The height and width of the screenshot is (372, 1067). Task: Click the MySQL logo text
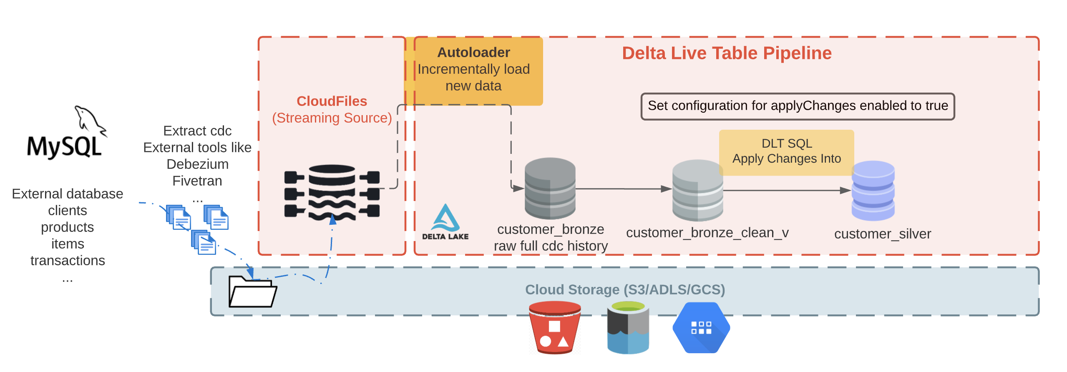coord(64,146)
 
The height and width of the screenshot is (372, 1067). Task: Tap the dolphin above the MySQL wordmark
coord(89,119)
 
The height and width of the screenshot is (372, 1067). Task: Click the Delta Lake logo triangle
coord(445,218)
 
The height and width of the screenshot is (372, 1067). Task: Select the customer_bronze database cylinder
coord(550,188)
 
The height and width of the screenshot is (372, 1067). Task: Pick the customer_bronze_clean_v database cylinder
coord(697,190)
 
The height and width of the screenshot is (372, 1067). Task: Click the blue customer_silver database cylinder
coord(873,191)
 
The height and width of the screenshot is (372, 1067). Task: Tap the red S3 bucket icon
coord(554,327)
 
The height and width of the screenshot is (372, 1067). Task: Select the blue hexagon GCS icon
coord(701,327)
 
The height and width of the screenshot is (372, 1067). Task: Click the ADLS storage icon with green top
coord(628,327)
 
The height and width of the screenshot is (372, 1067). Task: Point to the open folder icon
coord(252,292)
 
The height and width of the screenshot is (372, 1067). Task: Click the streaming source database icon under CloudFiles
coord(332,193)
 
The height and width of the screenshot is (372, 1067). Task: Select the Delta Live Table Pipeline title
coord(727,53)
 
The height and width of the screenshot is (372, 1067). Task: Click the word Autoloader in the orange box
coord(473,53)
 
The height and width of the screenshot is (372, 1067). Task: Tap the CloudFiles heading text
coord(332,101)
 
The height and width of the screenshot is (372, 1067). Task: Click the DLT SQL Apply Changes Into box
coord(786,151)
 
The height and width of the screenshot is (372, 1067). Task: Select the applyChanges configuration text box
coord(798,106)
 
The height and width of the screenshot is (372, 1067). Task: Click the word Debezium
coord(197,164)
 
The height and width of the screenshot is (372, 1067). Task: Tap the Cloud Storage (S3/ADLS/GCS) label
coord(625,289)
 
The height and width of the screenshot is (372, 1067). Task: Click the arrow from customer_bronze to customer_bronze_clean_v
coord(624,189)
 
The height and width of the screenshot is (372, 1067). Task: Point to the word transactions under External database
coord(68,261)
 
